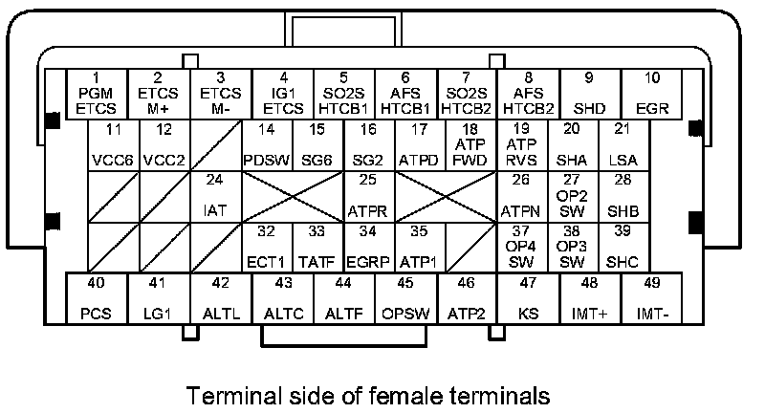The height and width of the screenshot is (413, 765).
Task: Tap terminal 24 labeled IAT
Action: (215, 197)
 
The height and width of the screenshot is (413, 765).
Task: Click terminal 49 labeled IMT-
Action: (652, 297)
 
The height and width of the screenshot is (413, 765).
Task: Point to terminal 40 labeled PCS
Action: (97, 297)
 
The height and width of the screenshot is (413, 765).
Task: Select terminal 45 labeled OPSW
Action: (405, 297)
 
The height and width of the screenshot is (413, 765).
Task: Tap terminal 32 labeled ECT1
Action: (267, 248)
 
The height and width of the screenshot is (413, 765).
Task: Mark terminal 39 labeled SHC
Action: (623, 248)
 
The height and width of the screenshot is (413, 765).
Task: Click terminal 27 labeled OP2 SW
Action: (572, 197)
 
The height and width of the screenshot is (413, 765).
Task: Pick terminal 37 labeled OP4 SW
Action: (521, 248)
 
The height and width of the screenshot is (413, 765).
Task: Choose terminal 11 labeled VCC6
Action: (114, 145)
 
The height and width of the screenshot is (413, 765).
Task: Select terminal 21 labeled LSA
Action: (623, 145)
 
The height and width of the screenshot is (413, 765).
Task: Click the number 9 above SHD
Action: (590, 76)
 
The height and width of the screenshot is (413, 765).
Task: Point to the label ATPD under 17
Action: (419, 160)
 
